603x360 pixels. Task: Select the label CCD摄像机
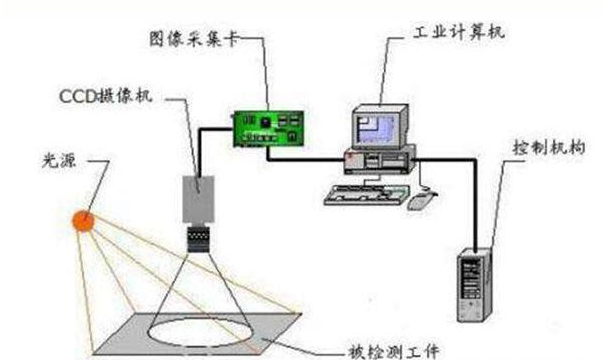coord(107,97)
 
